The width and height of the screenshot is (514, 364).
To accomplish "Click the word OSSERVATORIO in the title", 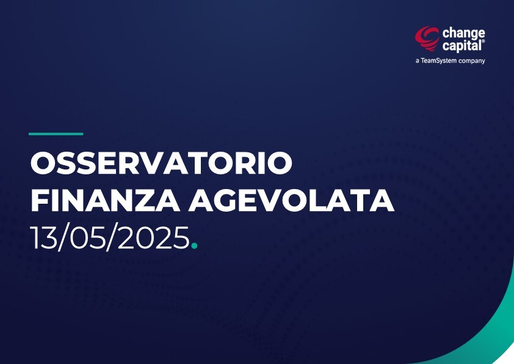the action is click(x=161, y=163).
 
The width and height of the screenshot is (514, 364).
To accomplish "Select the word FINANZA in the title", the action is click(x=105, y=201).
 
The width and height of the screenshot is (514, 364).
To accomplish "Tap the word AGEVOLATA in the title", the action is click(x=291, y=201).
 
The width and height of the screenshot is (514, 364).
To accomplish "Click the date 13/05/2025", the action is click(x=110, y=238).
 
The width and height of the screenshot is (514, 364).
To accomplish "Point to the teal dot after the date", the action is click(x=194, y=245).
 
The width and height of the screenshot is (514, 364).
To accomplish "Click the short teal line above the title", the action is click(x=56, y=134).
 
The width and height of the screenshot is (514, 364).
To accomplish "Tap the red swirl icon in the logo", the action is click(x=427, y=39).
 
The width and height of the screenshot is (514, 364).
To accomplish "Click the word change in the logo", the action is click(x=463, y=34).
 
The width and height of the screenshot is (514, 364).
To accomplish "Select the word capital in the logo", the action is click(x=462, y=46).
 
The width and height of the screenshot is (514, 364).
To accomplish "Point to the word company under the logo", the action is click(x=472, y=61).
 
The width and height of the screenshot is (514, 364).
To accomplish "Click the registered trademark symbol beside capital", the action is click(x=483, y=42).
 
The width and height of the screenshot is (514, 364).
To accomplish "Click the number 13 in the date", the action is click(x=43, y=238).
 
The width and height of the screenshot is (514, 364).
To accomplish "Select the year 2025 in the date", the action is click(x=153, y=238).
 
